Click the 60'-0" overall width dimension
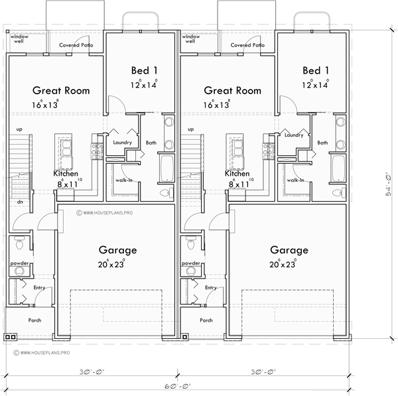178,385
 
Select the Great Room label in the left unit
62,91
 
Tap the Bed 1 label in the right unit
316,70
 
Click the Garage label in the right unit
289,251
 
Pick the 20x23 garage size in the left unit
118,264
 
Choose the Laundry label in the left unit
122,142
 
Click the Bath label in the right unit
322,143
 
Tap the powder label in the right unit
190,263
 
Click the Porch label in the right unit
206,320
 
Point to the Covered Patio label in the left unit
76,46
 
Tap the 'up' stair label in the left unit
19,129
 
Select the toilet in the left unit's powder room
20,244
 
